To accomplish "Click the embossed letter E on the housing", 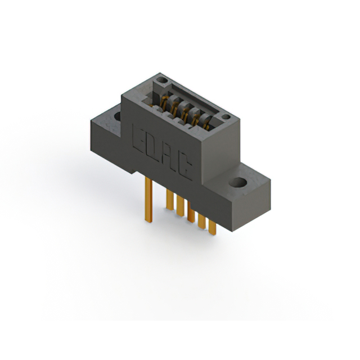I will click(138, 137).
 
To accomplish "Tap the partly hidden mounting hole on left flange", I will click(118, 116).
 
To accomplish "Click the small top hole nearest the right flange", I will click(225, 118).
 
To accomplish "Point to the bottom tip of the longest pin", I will click(148, 221).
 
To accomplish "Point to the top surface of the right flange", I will click(247, 179).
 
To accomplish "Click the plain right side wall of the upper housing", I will click(219, 146).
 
